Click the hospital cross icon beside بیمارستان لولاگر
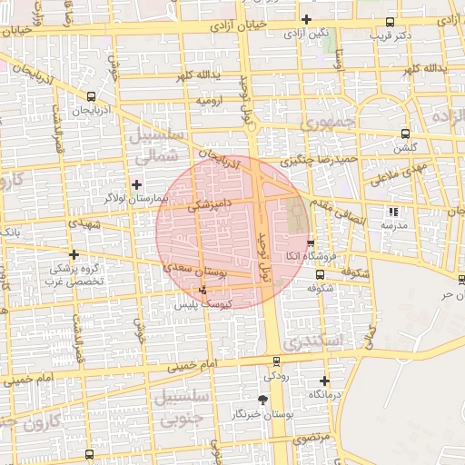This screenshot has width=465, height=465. click(136, 184)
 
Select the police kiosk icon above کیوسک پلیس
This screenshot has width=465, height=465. click(203, 290)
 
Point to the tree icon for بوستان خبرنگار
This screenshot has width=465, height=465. click(263, 400)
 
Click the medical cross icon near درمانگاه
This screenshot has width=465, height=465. click(324, 381)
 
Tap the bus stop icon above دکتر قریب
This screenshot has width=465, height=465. click(390, 22)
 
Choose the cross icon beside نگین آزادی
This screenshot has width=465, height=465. click(307, 20)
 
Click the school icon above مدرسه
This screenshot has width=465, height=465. click(393, 212)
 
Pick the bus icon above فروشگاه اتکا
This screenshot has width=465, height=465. click(311, 243)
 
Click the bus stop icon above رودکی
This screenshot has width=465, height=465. click(277, 361)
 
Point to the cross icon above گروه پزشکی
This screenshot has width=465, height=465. click(74, 254)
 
